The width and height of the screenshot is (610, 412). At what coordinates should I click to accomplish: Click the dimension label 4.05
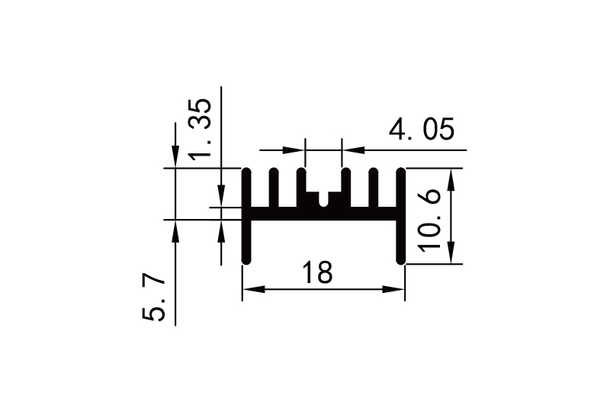422,130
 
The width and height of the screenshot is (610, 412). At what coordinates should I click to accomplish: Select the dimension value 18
317,272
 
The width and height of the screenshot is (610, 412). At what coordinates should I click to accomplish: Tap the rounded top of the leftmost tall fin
246,171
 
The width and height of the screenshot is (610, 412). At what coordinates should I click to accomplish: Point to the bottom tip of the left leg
246,261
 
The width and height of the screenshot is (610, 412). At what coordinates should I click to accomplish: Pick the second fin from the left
273,187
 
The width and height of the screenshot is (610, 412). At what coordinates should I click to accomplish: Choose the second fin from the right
374,187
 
